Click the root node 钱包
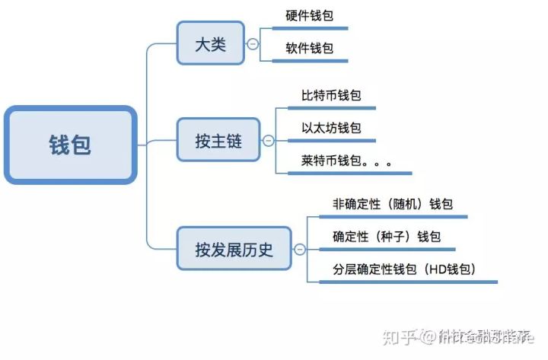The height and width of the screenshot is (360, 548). [x=71, y=145]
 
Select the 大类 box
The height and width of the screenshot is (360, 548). [x=210, y=43]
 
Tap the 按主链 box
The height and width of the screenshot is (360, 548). [x=218, y=140]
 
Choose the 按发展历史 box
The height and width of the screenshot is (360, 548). [x=234, y=248]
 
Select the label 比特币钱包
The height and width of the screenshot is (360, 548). [x=331, y=96]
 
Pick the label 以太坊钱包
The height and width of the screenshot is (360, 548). [x=331, y=128]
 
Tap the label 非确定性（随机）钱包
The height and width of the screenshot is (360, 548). [x=393, y=204]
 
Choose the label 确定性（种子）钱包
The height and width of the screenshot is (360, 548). [x=387, y=237]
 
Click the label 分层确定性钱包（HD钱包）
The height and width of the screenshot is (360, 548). [x=404, y=269]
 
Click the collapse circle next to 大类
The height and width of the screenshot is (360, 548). [x=253, y=44]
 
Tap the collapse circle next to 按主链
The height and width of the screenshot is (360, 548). [x=268, y=141]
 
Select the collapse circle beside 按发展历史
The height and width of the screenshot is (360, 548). [x=300, y=249]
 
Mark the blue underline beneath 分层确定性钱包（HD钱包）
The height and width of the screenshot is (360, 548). [x=408, y=282]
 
